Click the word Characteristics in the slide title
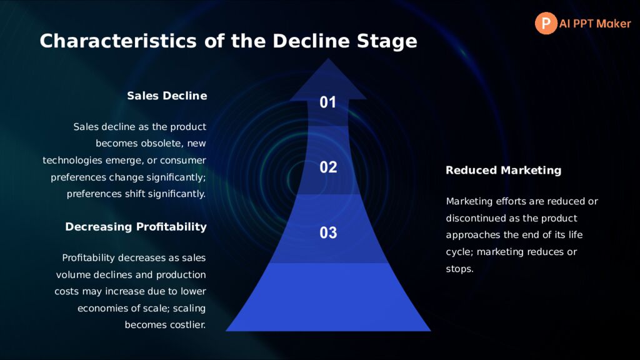(118, 41)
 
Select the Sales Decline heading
(167, 96)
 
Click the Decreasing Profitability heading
(136, 227)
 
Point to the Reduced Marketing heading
(503, 170)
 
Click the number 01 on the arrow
(327, 102)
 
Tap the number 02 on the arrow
(328, 167)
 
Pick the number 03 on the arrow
(328, 232)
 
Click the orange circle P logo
(546, 23)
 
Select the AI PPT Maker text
(595, 24)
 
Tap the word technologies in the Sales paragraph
(72, 161)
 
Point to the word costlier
(191, 325)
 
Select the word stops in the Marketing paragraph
(459, 269)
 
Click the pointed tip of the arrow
(328, 59)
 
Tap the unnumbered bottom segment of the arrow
(328, 297)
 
